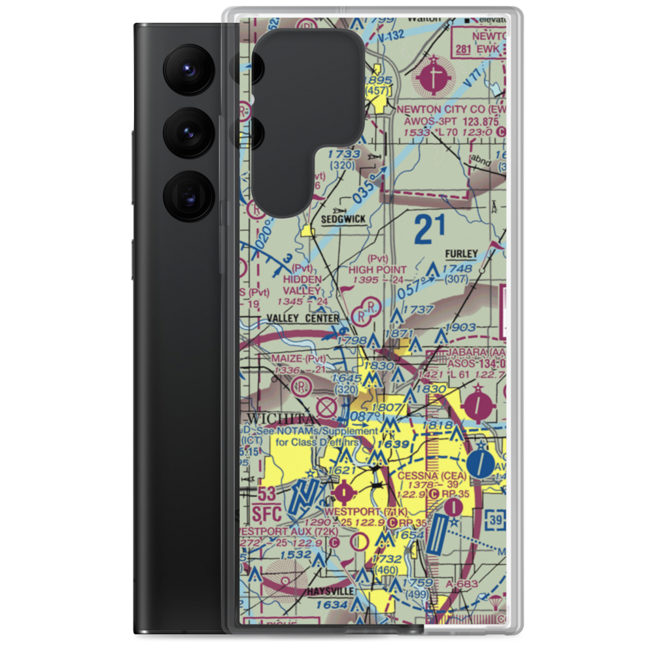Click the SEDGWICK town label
coord(343,220)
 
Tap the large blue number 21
coord(430,229)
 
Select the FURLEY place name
coord(462,253)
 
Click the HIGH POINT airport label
coord(377,269)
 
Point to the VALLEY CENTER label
coord(303,318)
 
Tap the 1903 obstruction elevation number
coord(462,327)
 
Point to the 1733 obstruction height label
coord(344,154)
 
